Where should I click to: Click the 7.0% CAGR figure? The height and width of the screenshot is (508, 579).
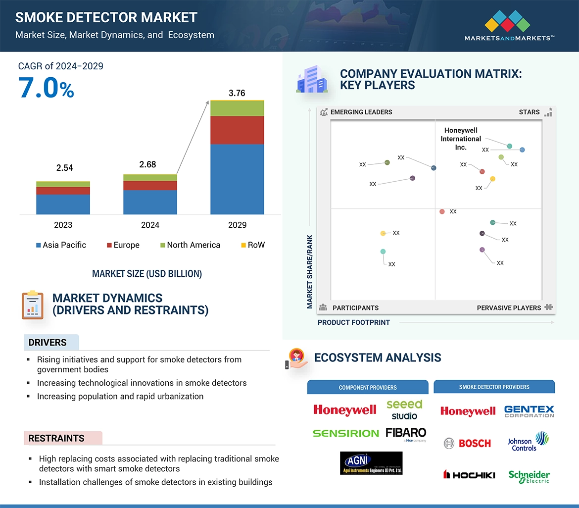pyautogui.click(x=46, y=88)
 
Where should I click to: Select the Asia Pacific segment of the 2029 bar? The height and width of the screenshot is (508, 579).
pyautogui.click(x=237, y=179)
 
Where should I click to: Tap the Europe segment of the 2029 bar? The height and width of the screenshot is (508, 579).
pyautogui.click(x=237, y=130)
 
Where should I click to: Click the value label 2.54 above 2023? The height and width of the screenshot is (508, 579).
pyautogui.click(x=64, y=168)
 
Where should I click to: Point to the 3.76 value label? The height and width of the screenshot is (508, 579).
pyautogui.click(x=237, y=93)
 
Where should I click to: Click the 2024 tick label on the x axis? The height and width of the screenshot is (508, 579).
pyautogui.click(x=150, y=225)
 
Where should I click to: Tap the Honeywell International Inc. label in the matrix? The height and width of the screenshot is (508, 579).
pyautogui.click(x=460, y=139)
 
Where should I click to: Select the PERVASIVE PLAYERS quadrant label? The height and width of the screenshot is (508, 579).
pyautogui.click(x=509, y=307)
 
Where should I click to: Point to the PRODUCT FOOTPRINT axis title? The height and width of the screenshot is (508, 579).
pyautogui.click(x=354, y=322)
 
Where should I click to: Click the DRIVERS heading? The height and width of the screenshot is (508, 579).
pyautogui.click(x=48, y=343)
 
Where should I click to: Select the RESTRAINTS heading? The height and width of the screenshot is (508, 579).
pyautogui.click(x=56, y=438)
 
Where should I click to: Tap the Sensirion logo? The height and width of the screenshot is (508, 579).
pyautogui.click(x=345, y=433)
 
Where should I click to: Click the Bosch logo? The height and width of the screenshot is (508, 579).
pyautogui.click(x=468, y=443)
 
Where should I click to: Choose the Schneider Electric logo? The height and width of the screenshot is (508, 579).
pyautogui.click(x=529, y=476)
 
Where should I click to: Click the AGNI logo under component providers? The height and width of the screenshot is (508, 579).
pyautogui.click(x=371, y=463)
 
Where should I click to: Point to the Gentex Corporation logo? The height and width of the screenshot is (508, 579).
pyautogui.click(x=529, y=411)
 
